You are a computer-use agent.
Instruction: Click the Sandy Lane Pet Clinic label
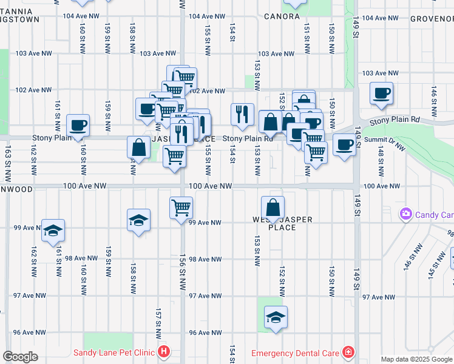pyautogui.click(x=114, y=352)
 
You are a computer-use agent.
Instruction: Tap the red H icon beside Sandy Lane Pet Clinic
pyautogui.click(x=163, y=352)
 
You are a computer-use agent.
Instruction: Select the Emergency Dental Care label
pyautogui.click(x=295, y=352)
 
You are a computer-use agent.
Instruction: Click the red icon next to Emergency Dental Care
pyautogui.click(x=348, y=352)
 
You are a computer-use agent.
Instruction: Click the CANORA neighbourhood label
pyautogui.click(x=282, y=16)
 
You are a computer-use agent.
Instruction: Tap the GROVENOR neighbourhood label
pyautogui.click(x=432, y=18)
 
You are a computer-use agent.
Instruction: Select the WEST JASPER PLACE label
pyautogui.click(x=274, y=223)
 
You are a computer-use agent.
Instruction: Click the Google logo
pyautogui.click(x=20, y=357)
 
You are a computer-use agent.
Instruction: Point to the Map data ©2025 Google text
pyautogui.click(x=416, y=359)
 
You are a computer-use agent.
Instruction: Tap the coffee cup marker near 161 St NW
pyautogui.click(x=78, y=126)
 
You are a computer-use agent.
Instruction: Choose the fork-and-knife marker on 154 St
pyautogui.click(x=242, y=114)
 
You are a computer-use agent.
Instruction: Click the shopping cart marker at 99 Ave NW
pyautogui.click(x=181, y=208)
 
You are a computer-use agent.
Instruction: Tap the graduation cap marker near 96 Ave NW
pyautogui.click(x=276, y=317)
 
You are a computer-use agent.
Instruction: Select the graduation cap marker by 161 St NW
pyautogui.click(x=53, y=231)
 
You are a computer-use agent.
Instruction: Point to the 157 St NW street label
pyautogui.click(x=157, y=320)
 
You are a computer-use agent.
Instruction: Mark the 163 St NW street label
pyautogui.click(x=7, y=163)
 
